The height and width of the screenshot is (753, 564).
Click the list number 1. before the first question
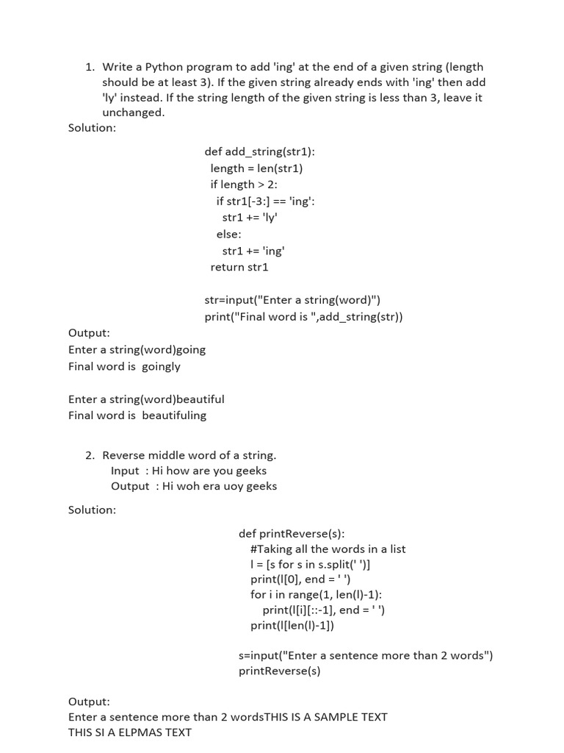tap(90, 67)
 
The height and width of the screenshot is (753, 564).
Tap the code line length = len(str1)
tap(256, 168)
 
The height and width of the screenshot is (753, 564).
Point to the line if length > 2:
tap(244, 185)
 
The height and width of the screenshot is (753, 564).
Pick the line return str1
tap(239, 267)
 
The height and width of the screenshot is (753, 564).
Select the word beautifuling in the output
tap(174, 415)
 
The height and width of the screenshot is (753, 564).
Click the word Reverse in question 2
tap(123, 455)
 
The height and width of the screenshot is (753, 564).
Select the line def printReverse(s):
tap(292, 533)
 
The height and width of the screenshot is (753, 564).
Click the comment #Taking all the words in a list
tap(328, 549)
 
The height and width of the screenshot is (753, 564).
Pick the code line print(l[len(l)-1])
tap(292, 625)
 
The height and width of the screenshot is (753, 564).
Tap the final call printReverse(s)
tap(280, 671)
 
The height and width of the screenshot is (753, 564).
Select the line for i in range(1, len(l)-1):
tap(316, 594)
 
